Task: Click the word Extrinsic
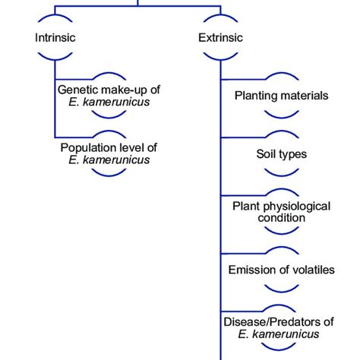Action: (x=220, y=36)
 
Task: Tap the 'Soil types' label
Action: (x=282, y=154)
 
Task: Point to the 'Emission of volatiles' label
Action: (x=281, y=270)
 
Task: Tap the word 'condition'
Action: (x=281, y=218)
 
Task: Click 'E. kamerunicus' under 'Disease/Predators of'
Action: (x=281, y=334)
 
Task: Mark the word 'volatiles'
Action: (x=312, y=270)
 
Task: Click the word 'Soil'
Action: (x=268, y=154)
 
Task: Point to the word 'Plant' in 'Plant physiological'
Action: (x=246, y=206)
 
